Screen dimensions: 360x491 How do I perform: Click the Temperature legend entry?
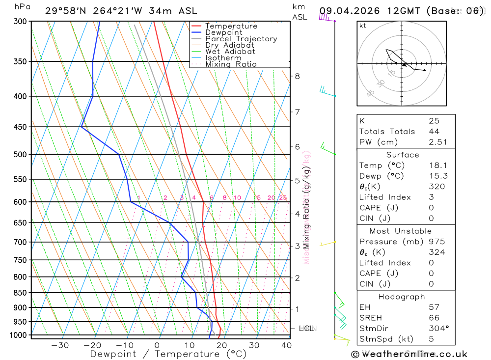(231, 26)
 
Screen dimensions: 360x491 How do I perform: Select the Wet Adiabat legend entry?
(230, 52)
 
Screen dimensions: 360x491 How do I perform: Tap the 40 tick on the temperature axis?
(286, 345)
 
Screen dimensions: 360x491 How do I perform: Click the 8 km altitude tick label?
(297, 76)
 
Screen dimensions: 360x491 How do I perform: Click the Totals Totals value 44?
(434, 131)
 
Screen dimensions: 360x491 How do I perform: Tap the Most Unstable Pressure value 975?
(436, 242)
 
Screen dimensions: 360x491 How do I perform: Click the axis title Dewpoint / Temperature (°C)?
(168, 354)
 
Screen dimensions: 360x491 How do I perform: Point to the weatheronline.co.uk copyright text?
(409, 354)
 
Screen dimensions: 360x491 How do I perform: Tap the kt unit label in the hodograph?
(362, 26)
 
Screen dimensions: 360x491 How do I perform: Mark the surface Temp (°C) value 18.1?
(437, 166)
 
